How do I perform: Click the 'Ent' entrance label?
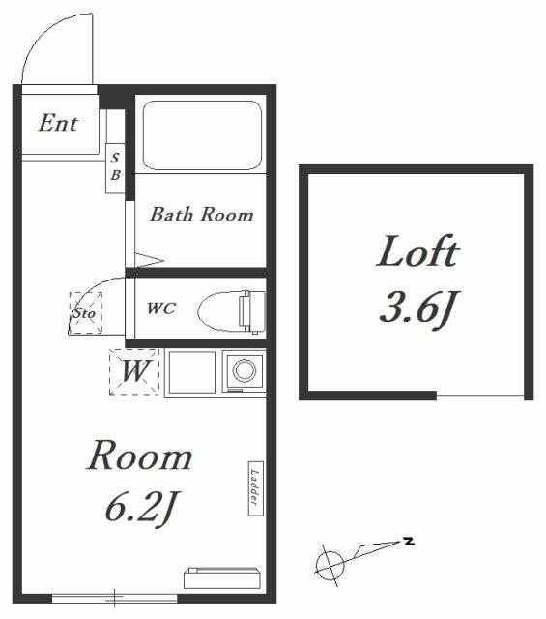pyautogui.click(x=58, y=123)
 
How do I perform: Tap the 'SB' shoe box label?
pyautogui.click(x=115, y=166)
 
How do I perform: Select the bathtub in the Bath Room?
pyautogui.click(x=202, y=135)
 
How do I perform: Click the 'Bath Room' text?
pyautogui.click(x=202, y=215)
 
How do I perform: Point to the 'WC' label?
pyautogui.click(x=161, y=309)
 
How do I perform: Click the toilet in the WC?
pyautogui.click(x=232, y=311)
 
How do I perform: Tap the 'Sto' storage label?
pyautogui.click(x=84, y=313)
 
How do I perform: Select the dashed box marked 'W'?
pyautogui.click(x=134, y=371)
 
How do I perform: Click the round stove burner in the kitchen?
pyautogui.click(x=244, y=370)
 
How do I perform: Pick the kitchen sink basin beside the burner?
pyautogui.click(x=192, y=371)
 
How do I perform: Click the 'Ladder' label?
pyautogui.click(x=256, y=488)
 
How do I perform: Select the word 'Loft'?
pyautogui.click(x=417, y=251)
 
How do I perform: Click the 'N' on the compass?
pyautogui.click(x=410, y=541)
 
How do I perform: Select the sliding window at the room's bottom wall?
pyautogui.click(x=114, y=598)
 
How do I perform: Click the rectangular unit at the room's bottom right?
pyautogui.click(x=222, y=578)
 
